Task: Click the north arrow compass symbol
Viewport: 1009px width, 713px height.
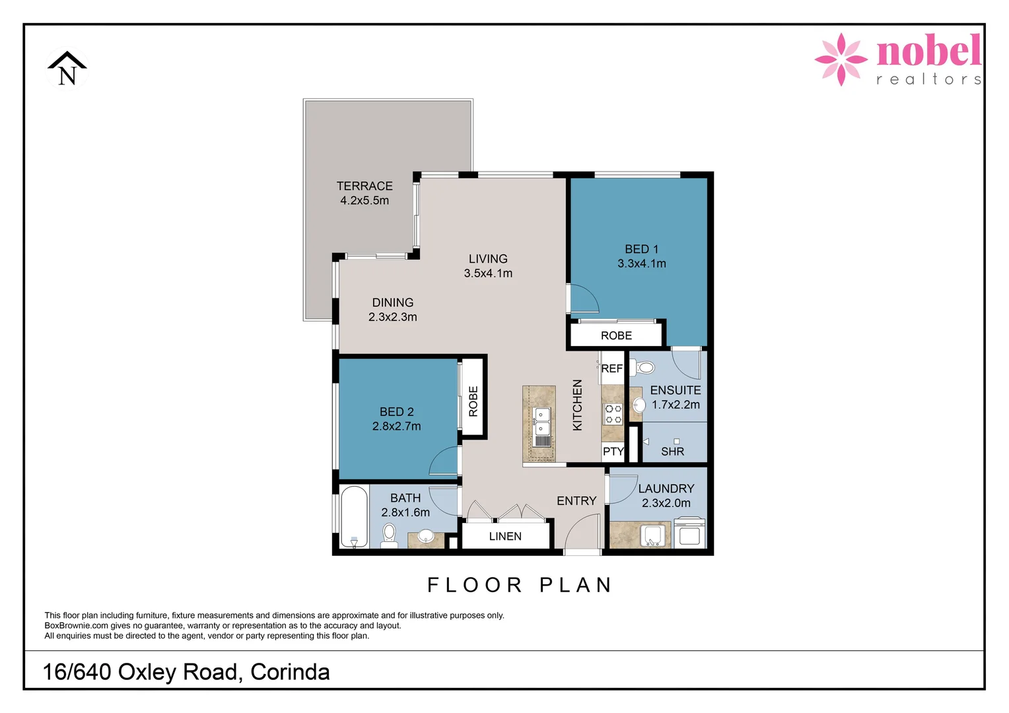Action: [67, 69]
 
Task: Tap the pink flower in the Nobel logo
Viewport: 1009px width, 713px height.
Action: [841, 59]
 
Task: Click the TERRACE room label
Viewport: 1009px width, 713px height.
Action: [365, 186]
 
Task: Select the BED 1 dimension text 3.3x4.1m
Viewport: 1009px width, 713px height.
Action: [641, 263]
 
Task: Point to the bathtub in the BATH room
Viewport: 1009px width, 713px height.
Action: [354, 518]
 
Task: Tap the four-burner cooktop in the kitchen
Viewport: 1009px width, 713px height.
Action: [613, 414]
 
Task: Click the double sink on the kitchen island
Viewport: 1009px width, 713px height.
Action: [541, 422]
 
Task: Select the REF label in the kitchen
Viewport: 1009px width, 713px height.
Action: [611, 368]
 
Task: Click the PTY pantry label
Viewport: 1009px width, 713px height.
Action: [613, 452]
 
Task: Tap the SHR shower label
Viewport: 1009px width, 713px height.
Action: [672, 452]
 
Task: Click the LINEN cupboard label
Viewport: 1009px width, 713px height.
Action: [505, 536]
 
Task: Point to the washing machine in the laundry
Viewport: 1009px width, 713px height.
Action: [689, 534]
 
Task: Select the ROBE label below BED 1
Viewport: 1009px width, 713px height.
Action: [616, 335]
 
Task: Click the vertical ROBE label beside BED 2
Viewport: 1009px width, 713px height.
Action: [473, 401]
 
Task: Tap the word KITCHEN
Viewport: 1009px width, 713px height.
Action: [577, 405]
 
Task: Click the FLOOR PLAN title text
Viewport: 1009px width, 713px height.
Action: [520, 585]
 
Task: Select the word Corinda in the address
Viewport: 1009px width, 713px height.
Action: [290, 671]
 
